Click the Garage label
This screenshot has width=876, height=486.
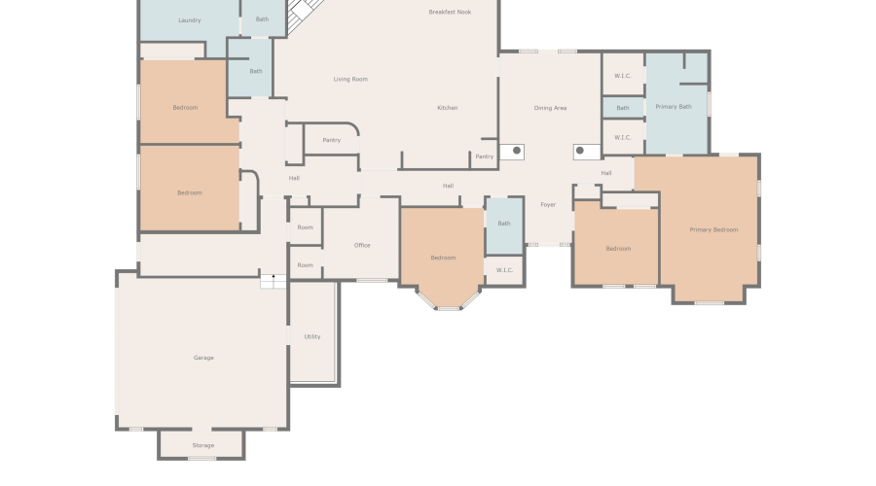point(203,358)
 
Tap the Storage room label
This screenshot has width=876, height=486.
point(203,445)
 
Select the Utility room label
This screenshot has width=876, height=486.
point(312,336)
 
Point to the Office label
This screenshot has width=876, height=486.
point(362,245)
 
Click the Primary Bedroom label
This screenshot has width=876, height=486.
point(713,229)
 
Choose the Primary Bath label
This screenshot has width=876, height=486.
point(674,106)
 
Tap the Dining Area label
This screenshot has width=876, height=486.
point(550,108)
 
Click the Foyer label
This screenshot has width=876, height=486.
point(548,205)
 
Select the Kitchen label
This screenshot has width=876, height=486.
point(448,108)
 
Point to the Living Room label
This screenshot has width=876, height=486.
point(350,80)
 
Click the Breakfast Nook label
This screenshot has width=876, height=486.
point(450,12)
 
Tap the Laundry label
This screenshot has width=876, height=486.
point(190,20)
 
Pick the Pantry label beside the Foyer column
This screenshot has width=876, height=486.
point(485,156)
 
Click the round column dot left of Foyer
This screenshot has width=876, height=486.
point(517,150)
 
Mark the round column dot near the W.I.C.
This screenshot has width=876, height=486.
point(580,150)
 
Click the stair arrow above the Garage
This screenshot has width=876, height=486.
point(274,277)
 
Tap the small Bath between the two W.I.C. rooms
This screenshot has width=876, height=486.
point(623,108)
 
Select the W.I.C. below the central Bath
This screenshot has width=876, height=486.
point(504,270)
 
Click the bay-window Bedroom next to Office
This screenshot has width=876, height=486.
point(443,258)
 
